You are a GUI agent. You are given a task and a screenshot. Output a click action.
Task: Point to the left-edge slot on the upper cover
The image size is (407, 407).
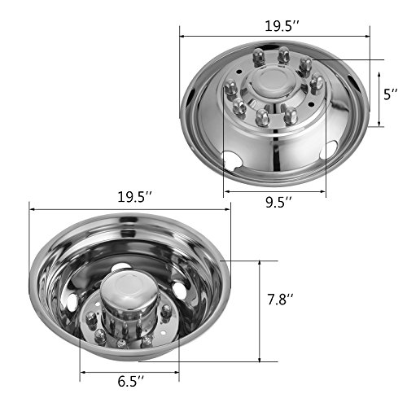coord(190,95)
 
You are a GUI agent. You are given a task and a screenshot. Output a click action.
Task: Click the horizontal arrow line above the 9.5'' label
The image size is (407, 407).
coord(274,192)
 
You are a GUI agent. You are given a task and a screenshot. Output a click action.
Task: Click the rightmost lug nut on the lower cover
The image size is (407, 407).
coord(166,313)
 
